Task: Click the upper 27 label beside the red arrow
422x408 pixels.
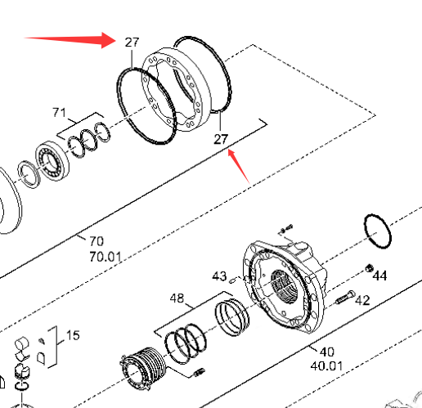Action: pyautogui.click(x=132, y=43)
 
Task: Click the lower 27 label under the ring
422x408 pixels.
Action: pyautogui.click(x=221, y=139)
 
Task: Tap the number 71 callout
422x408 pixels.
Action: pyautogui.click(x=59, y=112)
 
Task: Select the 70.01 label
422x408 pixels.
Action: pyautogui.click(x=105, y=257)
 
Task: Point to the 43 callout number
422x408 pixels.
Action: pyautogui.click(x=219, y=276)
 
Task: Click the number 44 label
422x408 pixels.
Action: pyautogui.click(x=379, y=276)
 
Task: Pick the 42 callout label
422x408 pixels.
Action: pyautogui.click(x=363, y=300)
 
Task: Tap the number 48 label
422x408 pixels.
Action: pyautogui.click(x=177, y=298)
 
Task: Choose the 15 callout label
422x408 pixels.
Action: pyautogui.click(x=73, y=335)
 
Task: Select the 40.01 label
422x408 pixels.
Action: pyautogui.click(x=326, y=366)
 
